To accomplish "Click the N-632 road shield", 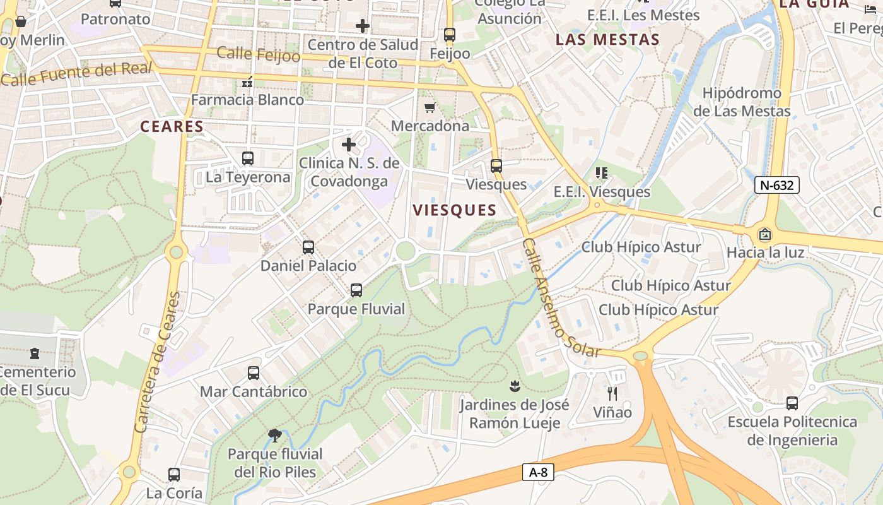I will [x=777, y=185].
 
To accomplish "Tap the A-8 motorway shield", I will [x=538, y=472].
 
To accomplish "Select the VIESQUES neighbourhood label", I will [x=454, y=210].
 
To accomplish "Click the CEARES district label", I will [x=172, y=126].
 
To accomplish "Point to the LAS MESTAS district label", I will [x=607, y=40].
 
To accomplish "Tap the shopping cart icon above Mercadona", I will [x=430, y=108].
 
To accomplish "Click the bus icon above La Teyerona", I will [x=248, y=158].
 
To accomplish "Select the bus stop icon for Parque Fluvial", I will [x=356, y=290].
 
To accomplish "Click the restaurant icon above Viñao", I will [x=612, y=394].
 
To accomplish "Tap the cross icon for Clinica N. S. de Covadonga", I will [x=349, y=145].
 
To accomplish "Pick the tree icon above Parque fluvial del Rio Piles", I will [x=274, y=435].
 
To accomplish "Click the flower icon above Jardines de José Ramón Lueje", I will [x=515, y=385].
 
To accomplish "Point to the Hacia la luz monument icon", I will [x=765, y=234].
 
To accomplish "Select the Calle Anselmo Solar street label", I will [x=561, y=298].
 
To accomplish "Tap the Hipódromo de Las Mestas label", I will [x=742, y=102].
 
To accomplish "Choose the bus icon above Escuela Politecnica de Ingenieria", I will [x=792, y=403].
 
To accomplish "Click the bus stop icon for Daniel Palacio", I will [x=308, y=247].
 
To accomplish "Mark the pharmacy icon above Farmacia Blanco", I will [x=247, y=81].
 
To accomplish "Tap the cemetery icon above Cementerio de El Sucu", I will [x=35, y=353].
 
